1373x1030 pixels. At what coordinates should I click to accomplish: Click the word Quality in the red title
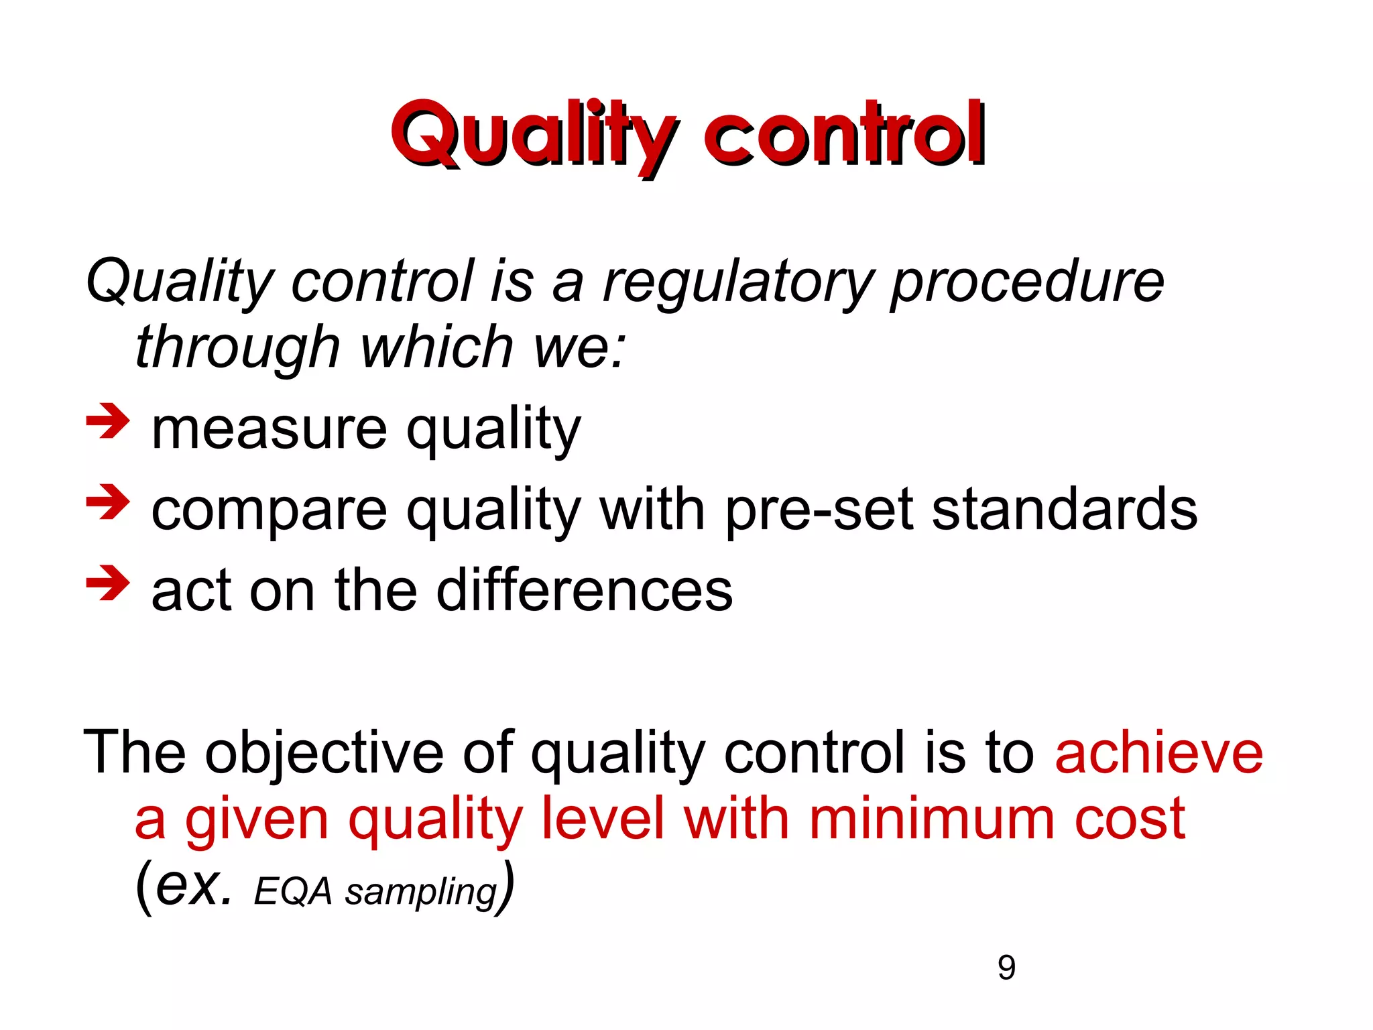[x=533, y=134]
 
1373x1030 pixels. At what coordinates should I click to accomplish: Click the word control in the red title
[x=844, y=134]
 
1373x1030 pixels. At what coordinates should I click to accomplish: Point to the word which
[x=436, y=347]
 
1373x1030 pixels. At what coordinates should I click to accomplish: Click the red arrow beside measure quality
[x=107, y=422]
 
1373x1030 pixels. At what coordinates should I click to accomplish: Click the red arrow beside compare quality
[x=107, y=502]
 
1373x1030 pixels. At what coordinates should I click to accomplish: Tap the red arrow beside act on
[x=107, y=583]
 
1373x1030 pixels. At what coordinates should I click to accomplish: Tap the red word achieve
[x=1158, y=752]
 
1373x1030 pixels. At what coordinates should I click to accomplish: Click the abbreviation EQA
[x=293, y=892]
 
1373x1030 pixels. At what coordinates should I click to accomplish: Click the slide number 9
[x=1006, y=968]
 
